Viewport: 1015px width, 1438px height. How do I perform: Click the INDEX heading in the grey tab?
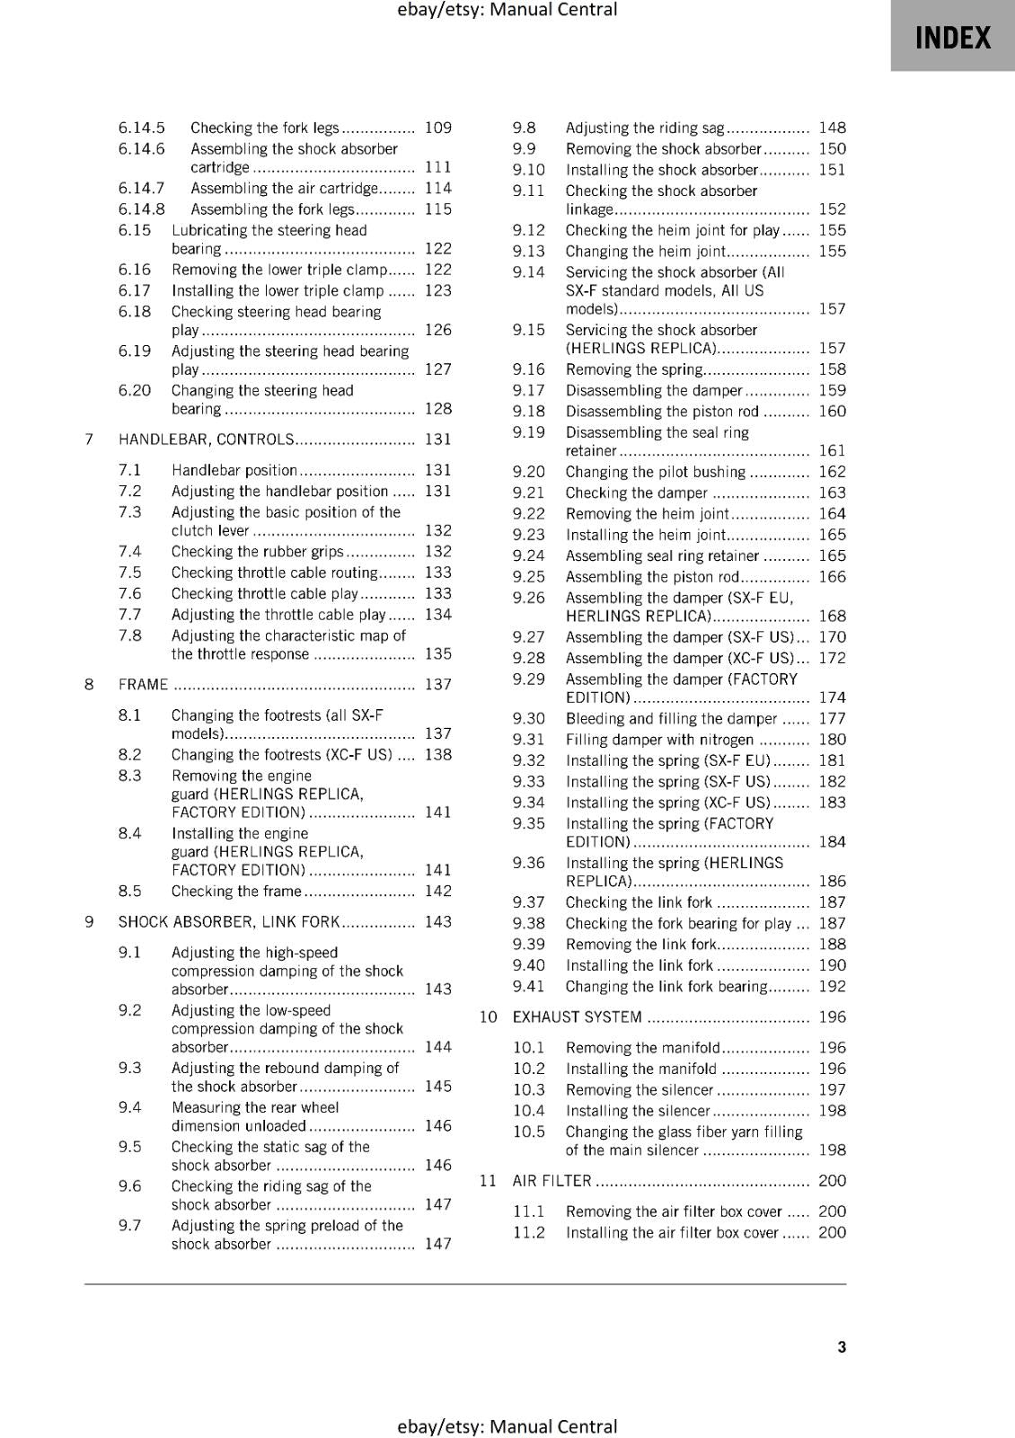tap(952, 38)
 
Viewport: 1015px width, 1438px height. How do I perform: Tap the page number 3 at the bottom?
tap(842, 1346)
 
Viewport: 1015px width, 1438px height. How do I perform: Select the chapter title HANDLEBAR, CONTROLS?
tap(206, 439)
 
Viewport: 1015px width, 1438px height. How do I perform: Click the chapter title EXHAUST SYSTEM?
tap(577, 1017)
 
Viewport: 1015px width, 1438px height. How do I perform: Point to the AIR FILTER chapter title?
tap(552, 1181)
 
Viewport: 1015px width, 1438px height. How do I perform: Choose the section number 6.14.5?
tap(142, 129)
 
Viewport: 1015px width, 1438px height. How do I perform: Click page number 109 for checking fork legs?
tap(438, 129)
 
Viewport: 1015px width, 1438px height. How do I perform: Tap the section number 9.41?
tap(529, 987)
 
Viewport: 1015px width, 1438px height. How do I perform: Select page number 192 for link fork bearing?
tap(833, 987)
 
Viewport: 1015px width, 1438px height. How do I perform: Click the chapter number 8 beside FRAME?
tap(89, 685)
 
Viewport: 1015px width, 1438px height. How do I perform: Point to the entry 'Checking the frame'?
tap(236, 892)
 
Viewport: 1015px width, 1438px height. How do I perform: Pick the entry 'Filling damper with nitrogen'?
tap(659, 740)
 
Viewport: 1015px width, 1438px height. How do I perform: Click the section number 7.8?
tap(130, 636)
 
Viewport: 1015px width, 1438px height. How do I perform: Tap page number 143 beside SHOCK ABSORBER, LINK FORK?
tap(438, 922)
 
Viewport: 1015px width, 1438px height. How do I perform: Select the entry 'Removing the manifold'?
tap(643, 1048)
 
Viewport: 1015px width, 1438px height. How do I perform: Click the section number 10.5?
tap(529, 1132)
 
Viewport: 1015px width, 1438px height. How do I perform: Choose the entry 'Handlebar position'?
tap(234, 470)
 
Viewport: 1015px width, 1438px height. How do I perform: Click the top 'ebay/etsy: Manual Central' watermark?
tap(507, 10)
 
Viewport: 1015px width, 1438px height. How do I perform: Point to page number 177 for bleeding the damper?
tap(833, 719)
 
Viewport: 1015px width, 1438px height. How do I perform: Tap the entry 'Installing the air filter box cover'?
tap(672, 1233)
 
